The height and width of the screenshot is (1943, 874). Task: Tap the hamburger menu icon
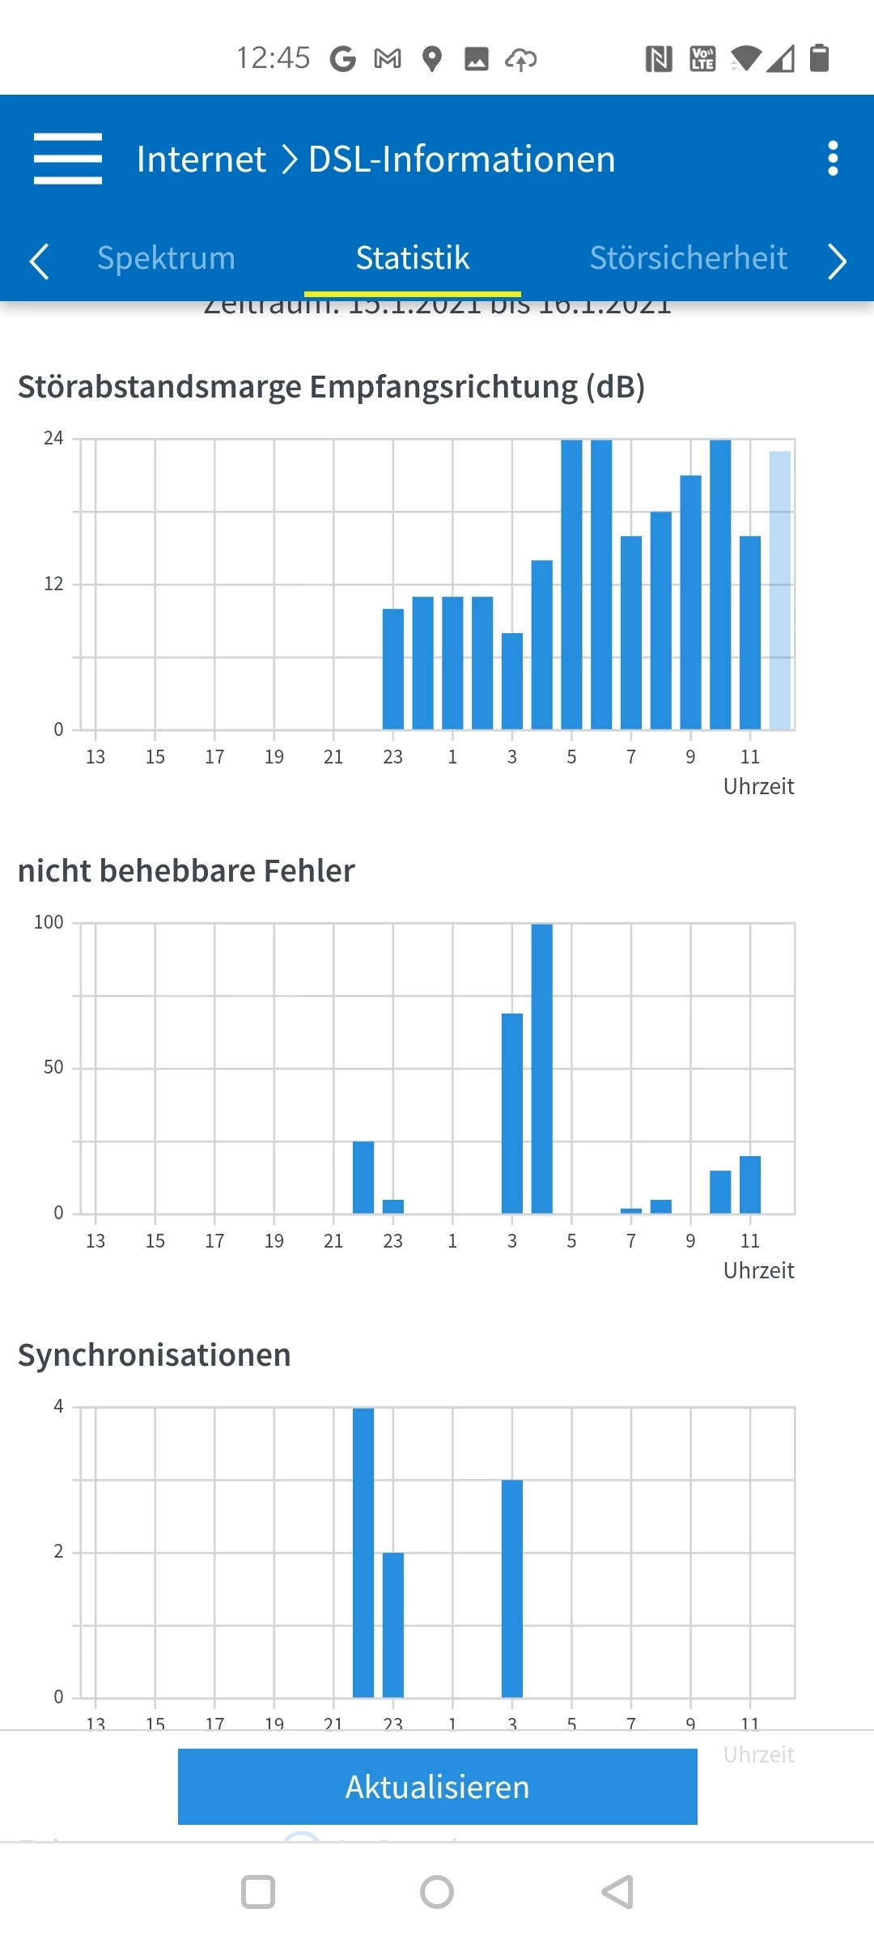point(68,159)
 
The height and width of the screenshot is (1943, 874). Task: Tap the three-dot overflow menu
point(833,159)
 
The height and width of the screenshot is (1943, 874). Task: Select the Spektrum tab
point(166,258)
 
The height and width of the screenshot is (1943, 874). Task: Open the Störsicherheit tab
point(688,258)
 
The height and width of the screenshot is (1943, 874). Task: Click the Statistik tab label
point(413,258)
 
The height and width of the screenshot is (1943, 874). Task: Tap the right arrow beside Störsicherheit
point(838,261)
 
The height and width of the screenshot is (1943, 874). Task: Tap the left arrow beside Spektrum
point(39,261)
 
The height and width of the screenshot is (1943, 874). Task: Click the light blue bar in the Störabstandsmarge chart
point(780,591)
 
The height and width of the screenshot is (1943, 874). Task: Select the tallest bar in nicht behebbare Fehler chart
point(541,1069)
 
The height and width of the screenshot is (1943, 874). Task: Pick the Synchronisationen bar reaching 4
point(363,1553)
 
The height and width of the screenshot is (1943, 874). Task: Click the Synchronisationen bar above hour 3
point(512,1588)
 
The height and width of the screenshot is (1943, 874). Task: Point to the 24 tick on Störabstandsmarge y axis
point(53,439)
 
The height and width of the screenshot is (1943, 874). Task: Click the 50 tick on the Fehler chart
point(53,1068)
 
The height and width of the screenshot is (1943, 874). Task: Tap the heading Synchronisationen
point(155,1355)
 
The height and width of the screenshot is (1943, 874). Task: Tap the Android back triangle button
point(617,1892)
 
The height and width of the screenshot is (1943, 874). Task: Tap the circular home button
point(437,1892)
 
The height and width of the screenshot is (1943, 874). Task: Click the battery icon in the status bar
point(820,58)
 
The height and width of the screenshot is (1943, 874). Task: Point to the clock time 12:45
point(273,58)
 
